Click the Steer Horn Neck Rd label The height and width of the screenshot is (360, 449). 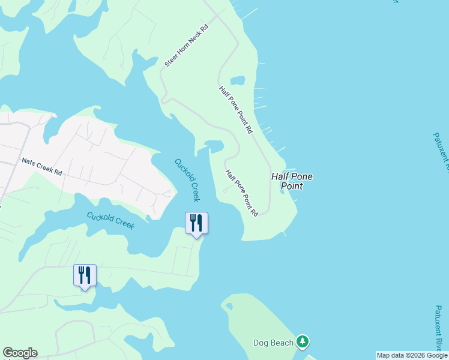point(186,46)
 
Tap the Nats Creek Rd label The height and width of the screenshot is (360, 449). point(42,166)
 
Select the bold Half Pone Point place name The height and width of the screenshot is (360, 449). point(292,181)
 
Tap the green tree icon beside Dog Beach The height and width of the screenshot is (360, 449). point(303,342)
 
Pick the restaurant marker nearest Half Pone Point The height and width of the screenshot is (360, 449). point(196,223)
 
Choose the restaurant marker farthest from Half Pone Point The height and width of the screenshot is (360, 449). point(85,275)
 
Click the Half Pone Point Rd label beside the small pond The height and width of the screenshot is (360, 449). point(236,110)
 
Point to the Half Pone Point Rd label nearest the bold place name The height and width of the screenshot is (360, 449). point(242,193)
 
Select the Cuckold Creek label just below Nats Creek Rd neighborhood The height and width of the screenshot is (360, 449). point(110,220)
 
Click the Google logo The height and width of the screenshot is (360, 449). point(20,353)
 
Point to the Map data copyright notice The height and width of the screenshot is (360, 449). point(412,355)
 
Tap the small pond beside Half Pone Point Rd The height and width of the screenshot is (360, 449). point(238,80)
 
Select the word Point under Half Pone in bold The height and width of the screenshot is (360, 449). point(292,187)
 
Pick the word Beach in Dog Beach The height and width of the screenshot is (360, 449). point(282,343)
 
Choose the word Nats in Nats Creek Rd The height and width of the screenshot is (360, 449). point(28,161)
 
